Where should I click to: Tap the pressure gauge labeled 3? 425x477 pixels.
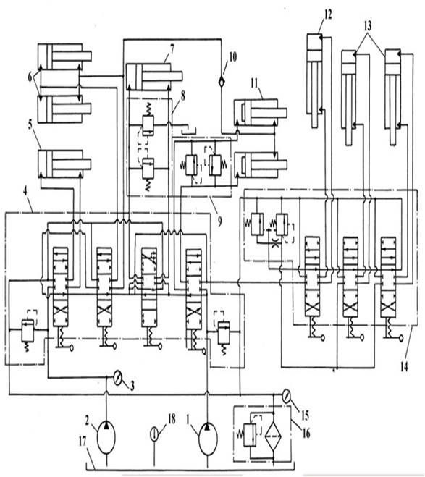tap(117, 378)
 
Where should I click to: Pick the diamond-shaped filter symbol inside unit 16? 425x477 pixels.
tap(273, 435)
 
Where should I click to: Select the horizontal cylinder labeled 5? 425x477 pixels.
tap(64, 164)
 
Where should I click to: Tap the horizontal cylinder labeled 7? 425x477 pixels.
tap(154, 77)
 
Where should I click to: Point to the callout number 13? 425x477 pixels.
tap(368, 26)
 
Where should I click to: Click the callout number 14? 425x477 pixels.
tap(404, 367)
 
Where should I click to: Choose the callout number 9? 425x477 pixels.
tap(219, 222)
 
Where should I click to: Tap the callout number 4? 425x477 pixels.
tap(25, 192)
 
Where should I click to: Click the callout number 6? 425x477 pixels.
tap(30, 77)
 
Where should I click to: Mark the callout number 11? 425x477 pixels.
tap(254, 83)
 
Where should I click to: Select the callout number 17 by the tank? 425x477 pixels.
tap(83, 442)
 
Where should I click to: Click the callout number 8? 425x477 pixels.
tap(182, 96)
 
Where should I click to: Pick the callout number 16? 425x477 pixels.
tap(306, 433)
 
